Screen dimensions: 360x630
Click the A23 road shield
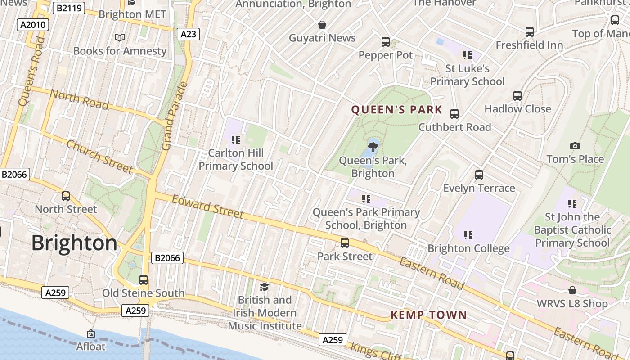click(188, 34)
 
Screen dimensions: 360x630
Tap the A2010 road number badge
click(33, 24)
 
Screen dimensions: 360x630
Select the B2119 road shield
click(69, 8)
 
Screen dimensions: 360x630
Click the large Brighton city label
click(74, 243)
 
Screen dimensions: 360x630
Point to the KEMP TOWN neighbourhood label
click(428, 315)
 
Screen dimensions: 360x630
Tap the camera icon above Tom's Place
click(575, 146)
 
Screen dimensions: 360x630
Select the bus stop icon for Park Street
click(345, 243)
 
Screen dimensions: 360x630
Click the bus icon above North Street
click(66, 196)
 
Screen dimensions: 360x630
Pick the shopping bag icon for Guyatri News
click(322, 25)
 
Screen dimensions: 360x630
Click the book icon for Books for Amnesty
click(120, 37)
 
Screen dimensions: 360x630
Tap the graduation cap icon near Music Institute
click(264, 287)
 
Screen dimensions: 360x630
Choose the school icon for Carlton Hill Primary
click(235, 140)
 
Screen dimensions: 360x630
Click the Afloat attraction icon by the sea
click(91, 333)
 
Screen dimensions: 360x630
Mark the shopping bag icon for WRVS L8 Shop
click(572, 290)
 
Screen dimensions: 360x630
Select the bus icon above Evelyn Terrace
click(479, 175)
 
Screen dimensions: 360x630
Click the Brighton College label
click(468, 248)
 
